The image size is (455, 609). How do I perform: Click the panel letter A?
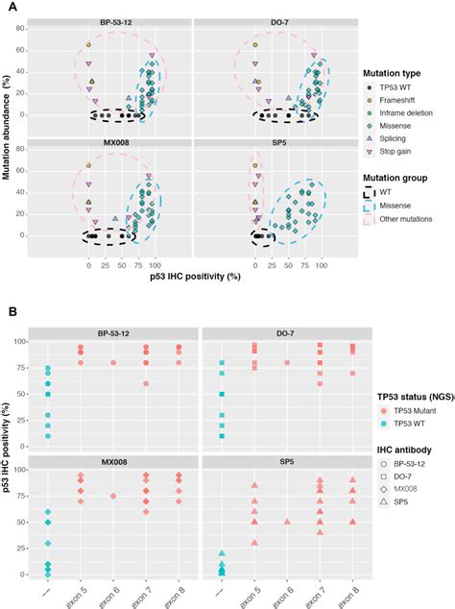[x=8, y=6]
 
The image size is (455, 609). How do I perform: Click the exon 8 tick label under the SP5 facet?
[x=354, y=596]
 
